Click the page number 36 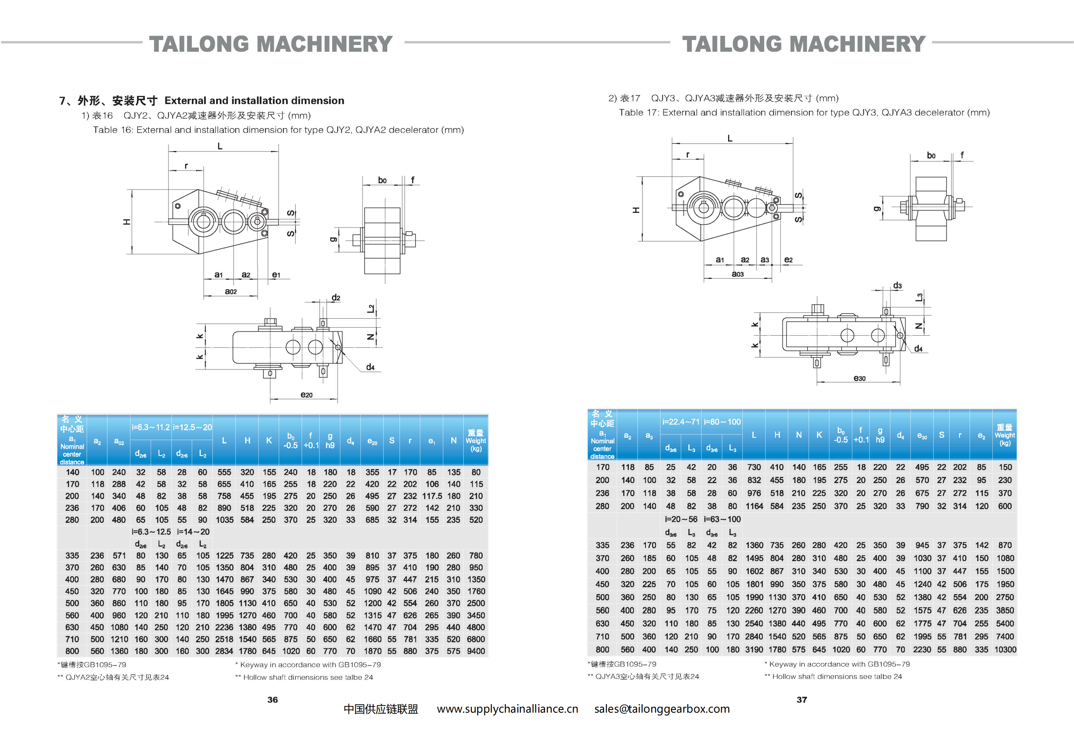coord(273,699)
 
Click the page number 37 coord(802,699)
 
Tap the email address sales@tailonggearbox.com coord(662,709)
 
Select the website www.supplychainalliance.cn coord(507,709)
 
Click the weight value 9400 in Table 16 coord(476,651)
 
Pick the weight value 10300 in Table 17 coord(1005,649)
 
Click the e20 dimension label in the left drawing coord(307,395)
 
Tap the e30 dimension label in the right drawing coord(859,378)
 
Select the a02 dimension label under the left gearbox coord(230,291)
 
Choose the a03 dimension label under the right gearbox coord(737,274)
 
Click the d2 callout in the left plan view coord(336,298)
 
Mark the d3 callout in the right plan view coord(897,286)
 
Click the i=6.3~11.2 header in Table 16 coord(151,427)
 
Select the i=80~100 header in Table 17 coord(722,421)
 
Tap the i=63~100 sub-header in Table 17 coord(722,519)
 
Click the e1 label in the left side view coord(276,275)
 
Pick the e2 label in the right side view coord(788,260)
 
